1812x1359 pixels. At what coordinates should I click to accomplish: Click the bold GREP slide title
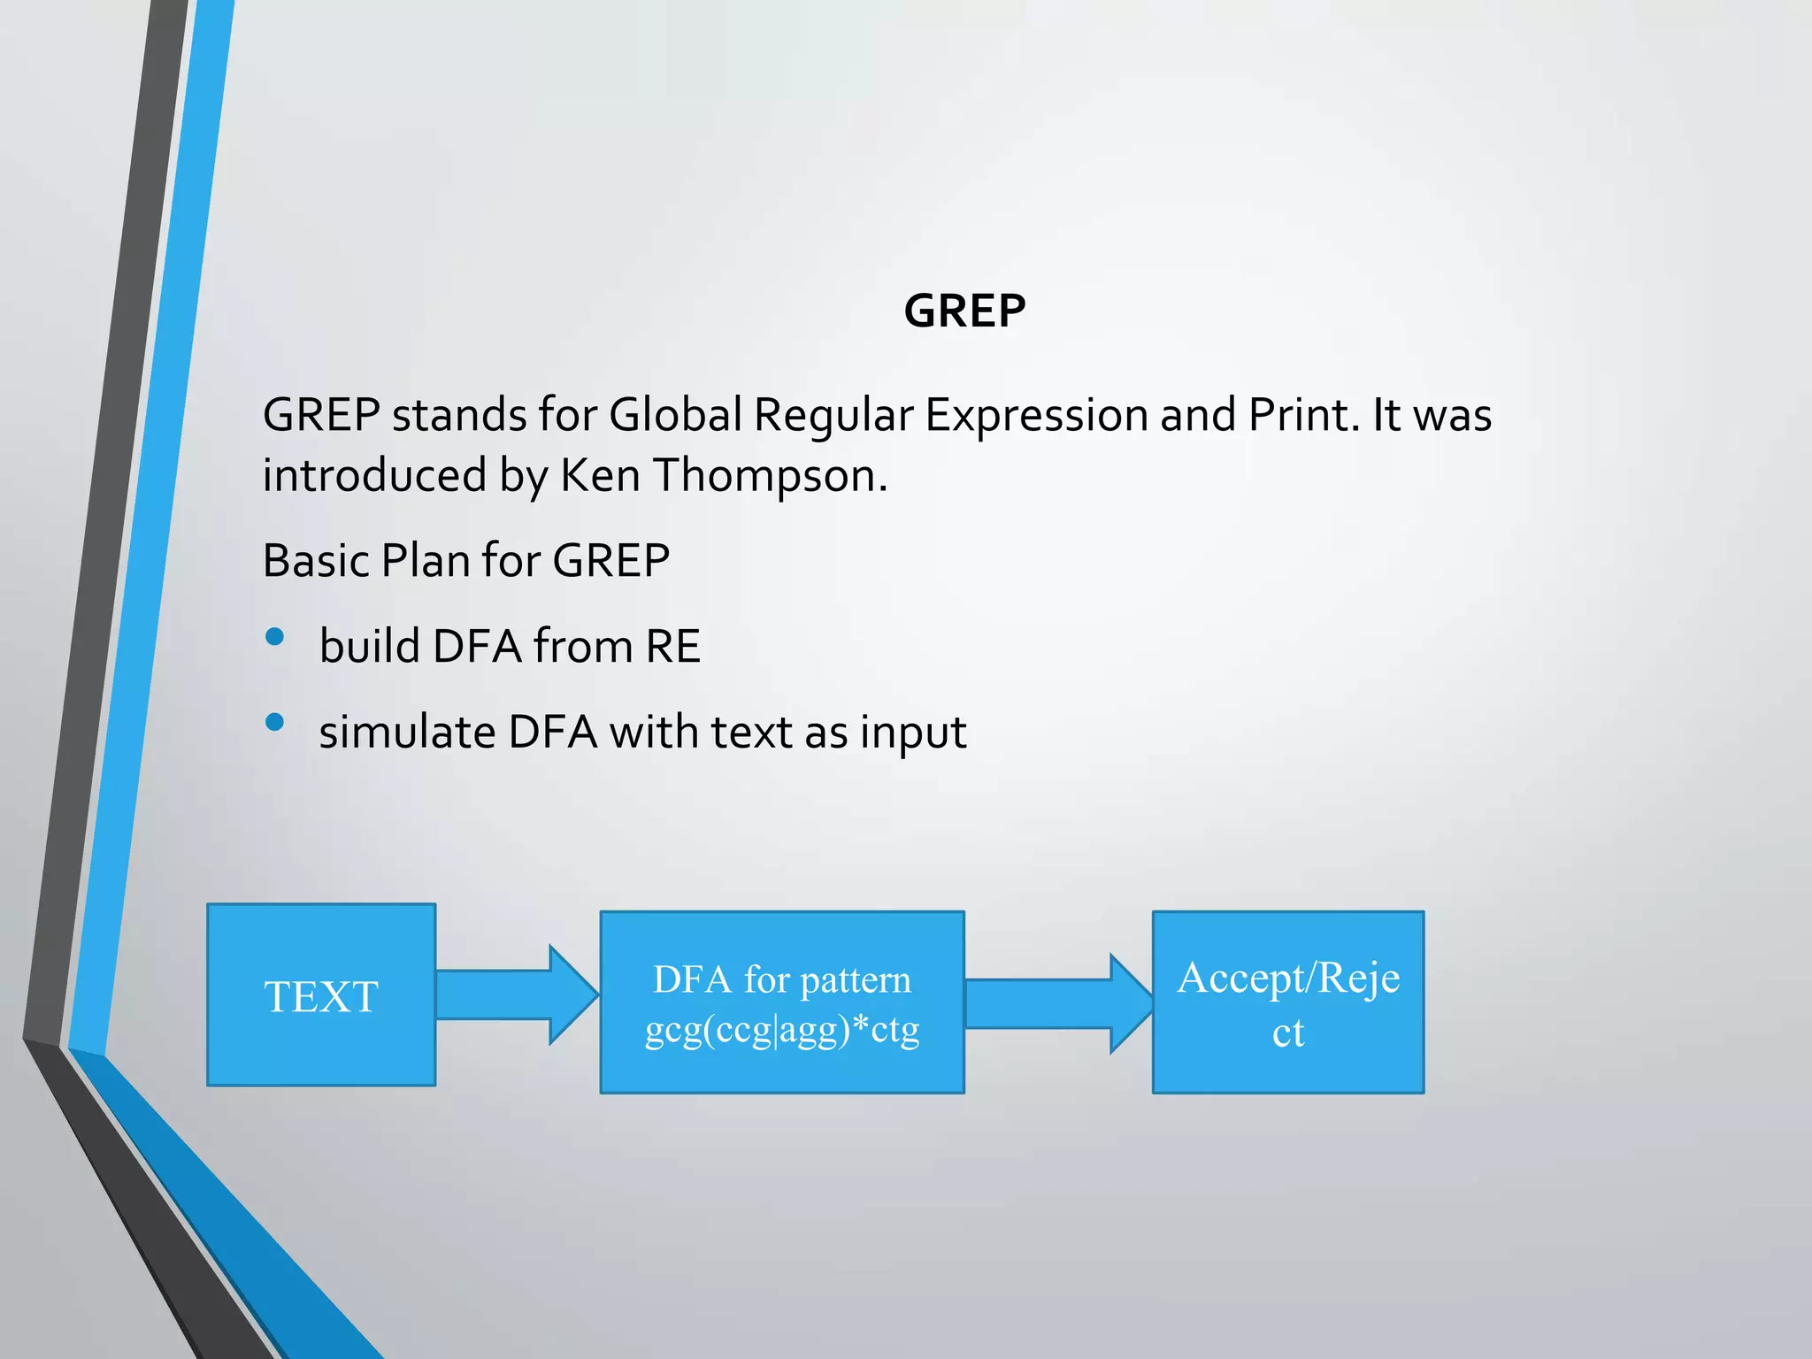click(964, 311)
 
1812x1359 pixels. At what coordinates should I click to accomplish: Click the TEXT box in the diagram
click(321, 995)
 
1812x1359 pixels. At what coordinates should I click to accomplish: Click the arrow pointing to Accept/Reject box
click(1058, 1003)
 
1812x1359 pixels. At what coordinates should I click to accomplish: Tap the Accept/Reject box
click(1288, 1002)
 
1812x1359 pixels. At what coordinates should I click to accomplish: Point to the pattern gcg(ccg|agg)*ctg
click(782, 1030)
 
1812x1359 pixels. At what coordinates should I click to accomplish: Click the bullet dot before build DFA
click(274, 636)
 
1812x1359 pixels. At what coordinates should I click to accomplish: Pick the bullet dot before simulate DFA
click(274, 722)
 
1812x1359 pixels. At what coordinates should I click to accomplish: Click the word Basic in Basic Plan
click(315, 560)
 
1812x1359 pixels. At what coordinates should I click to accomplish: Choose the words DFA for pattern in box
click(782, 979)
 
